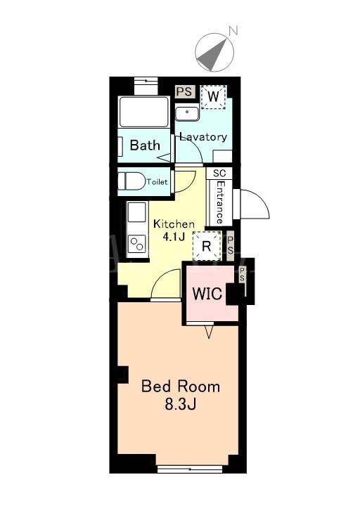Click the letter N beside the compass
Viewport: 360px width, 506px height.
click(233, 31)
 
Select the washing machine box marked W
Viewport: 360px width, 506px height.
click(214, 97)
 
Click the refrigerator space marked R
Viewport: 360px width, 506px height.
click(207, 246)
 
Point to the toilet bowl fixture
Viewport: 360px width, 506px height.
click(131, 181)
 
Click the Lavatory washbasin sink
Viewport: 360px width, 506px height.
click(187, 112)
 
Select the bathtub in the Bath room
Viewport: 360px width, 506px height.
click(143, 112)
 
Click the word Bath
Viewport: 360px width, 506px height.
click(145, 145)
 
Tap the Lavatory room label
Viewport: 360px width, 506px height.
click(203, 137)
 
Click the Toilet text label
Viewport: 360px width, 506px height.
click(157, 182)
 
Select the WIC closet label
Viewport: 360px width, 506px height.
click(207, 294)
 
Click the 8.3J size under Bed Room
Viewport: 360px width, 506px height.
click(181, 404)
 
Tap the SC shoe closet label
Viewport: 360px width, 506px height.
click(219, 173)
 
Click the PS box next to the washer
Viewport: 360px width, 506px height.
click(186, 91)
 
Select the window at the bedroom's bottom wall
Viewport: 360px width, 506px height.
click(190, 469)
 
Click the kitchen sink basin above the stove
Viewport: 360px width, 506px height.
click(137, 212)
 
